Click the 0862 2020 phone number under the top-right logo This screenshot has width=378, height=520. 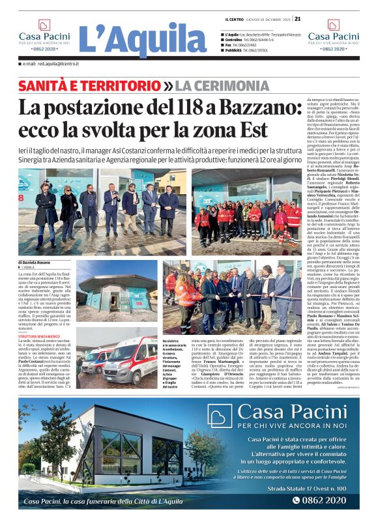tap(333, 49)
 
